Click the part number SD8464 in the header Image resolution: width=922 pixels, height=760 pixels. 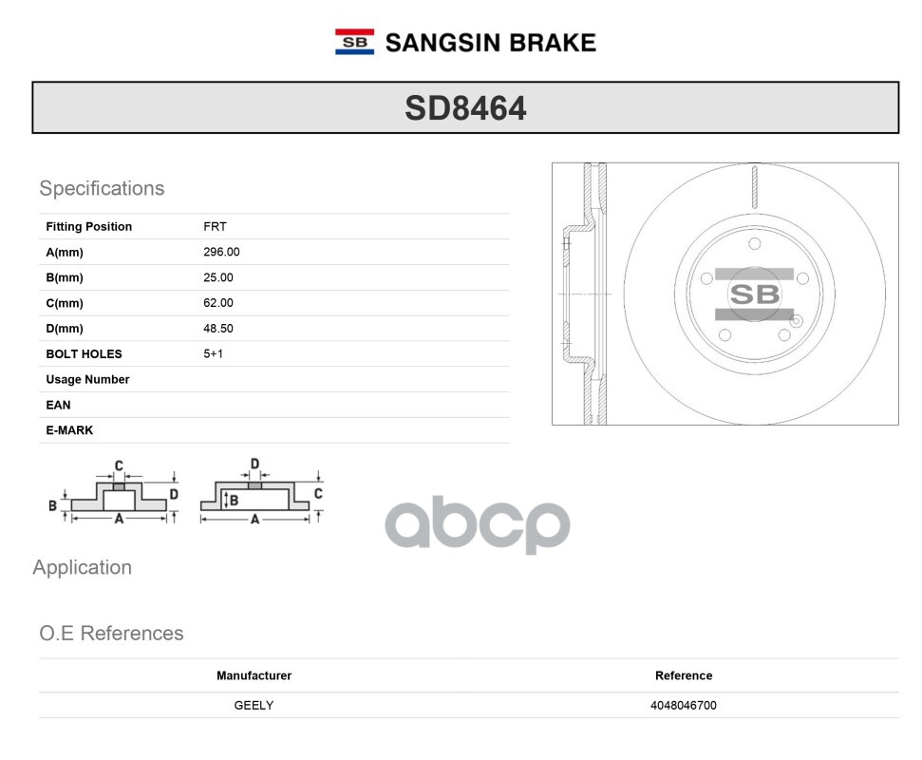(465, 108)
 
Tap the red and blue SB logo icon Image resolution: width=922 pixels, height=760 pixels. (354, 42)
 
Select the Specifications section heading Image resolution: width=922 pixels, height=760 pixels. (102, 188)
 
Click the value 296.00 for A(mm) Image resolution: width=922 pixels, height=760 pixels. (221, 252)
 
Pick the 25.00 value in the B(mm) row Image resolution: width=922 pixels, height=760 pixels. (218, 277)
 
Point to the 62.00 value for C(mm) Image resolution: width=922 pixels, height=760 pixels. (218, 303)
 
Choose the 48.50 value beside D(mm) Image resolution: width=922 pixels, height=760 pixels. (218, 329)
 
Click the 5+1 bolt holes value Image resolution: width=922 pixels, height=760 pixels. (214, 353)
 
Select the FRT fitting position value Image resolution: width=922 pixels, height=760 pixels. (215, 226)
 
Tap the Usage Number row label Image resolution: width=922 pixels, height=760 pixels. (87, 379)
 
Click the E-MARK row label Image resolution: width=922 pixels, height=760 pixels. (69, 430)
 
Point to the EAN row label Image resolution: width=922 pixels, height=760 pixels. (58, 405)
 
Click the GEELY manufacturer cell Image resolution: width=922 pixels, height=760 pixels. (254, 705)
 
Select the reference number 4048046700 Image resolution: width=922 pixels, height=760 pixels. (683, 705)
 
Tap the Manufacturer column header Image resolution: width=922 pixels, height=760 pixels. (254, 675)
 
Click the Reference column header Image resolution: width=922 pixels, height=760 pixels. (683, 675)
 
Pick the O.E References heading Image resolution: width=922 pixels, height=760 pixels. (111, 633)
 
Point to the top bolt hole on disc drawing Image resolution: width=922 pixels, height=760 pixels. (755, 244)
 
